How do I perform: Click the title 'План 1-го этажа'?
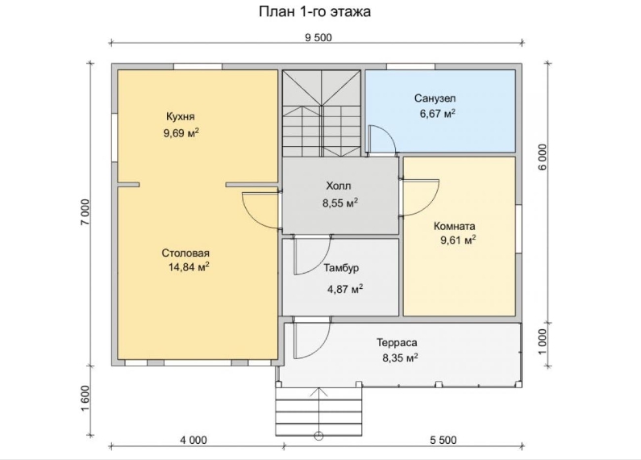(x=314, y=11)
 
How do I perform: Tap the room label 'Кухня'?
(x=181, y=116)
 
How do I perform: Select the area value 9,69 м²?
(x=181, y=133)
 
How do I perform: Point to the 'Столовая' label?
(x=185, y=253)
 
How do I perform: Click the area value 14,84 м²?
(x=189, y=267)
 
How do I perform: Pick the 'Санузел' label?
(x=435, y=98)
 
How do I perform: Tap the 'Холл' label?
(x=339, y=186)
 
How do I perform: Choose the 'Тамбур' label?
(x=341, y=269)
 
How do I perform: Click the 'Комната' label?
(x=454, y=226)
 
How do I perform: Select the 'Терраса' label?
(x=397, y=342)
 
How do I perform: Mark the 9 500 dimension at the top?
(x=318, y=38)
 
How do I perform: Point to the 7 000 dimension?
(x=85, y=212)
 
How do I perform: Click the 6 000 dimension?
(x=542, y=157)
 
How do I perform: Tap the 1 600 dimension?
(x=85, y=399)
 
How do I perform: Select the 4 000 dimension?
(x=194, y=440)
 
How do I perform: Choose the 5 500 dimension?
(x=443, y=440)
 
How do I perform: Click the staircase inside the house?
(x=322, y=113)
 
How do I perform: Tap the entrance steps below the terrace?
(x=318, y=412)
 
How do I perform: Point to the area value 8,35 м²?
(x=400, y=358)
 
